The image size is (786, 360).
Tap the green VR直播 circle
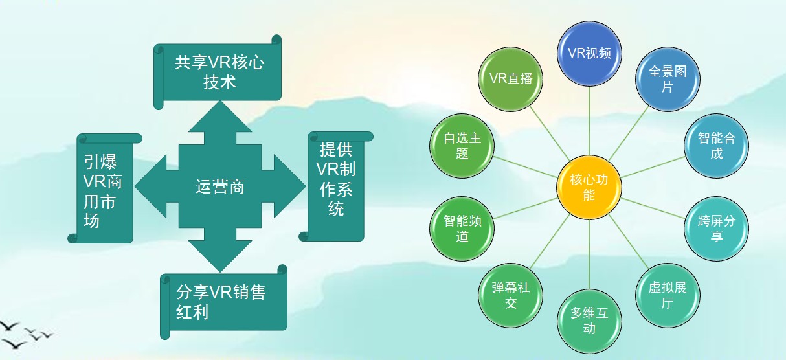(x=511, y=79)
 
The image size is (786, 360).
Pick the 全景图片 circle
(x=667, y=79)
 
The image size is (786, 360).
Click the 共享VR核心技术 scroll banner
(x=219, y=72)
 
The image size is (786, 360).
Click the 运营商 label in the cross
(x=220, y=188)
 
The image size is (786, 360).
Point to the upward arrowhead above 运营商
(x=220, y=120)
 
